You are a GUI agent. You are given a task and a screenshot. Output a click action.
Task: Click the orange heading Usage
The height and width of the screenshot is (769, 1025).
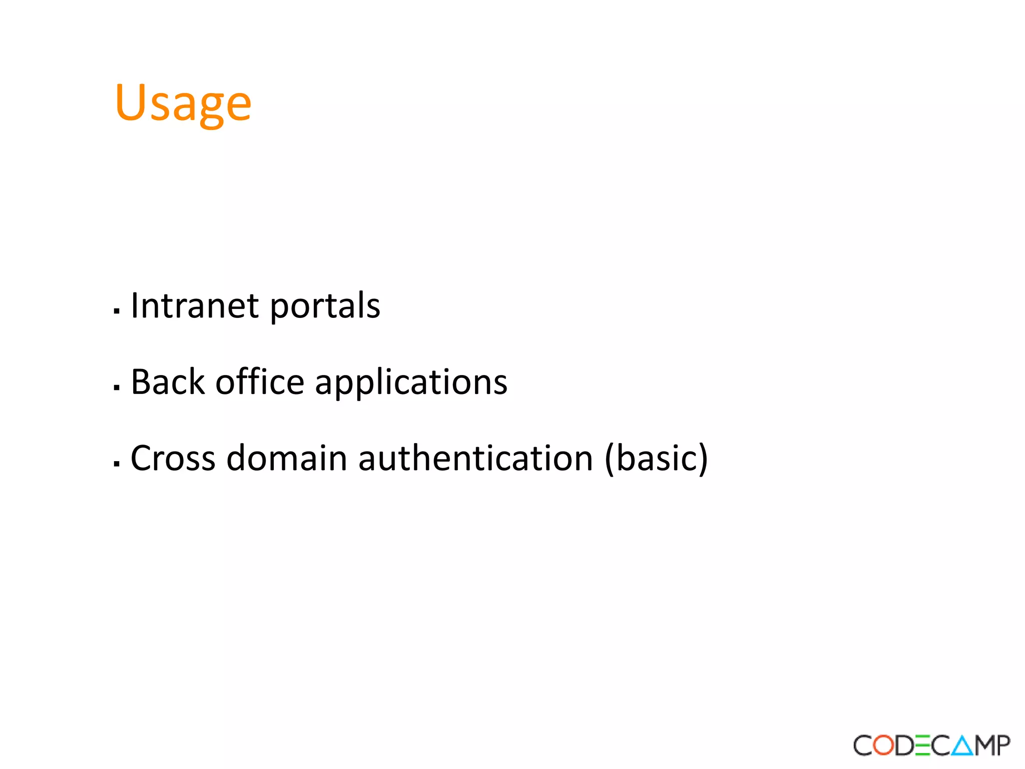tap(183, 103)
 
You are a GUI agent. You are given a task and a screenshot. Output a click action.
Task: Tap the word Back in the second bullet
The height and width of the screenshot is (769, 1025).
tap(168, 382)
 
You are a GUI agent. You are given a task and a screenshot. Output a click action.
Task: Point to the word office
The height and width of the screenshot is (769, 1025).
tap(260, 382)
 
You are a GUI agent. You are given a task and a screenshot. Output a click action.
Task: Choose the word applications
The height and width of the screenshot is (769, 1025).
tap(411, 384)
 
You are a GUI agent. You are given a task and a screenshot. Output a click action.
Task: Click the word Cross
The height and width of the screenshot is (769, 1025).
tap(173, 458)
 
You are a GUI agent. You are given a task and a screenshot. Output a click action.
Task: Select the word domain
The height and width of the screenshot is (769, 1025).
tap(287, 458)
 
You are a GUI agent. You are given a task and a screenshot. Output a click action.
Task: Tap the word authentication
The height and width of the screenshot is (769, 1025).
tap(475, 458)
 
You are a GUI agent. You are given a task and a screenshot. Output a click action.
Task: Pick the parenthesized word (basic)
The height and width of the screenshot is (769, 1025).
tap(656, 458)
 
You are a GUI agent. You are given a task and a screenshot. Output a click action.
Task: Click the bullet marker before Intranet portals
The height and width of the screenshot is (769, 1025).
tap(117, 311)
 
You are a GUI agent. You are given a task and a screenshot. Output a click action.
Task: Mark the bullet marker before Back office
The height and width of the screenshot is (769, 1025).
tap(117, 388)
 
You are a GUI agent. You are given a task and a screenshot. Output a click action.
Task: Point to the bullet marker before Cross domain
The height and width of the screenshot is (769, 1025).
tap(117, 464)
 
